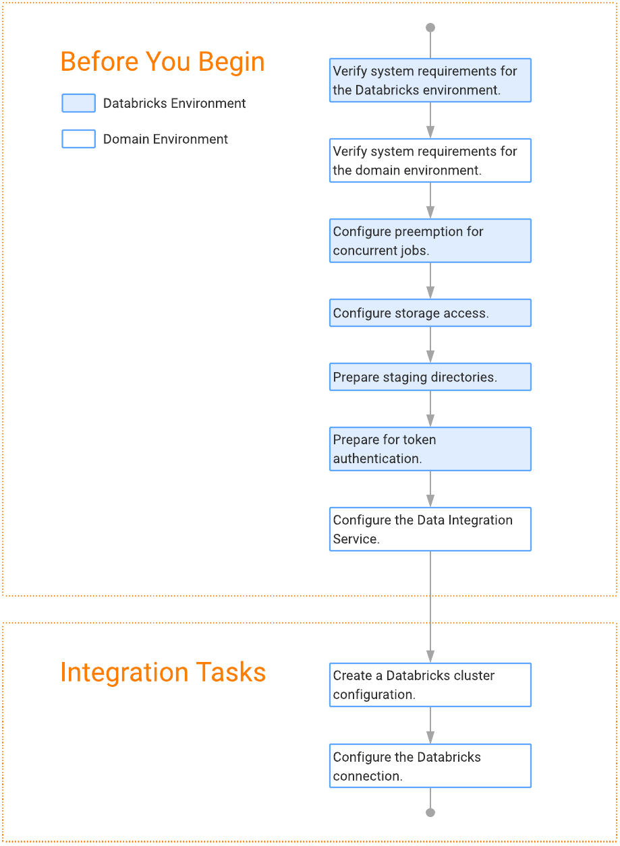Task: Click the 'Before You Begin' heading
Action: pyautogui.click(x=163, y=61)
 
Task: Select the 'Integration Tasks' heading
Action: pyautogui.click(x=163, y=673)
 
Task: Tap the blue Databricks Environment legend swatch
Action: pyautogui.click(x=79, y=103)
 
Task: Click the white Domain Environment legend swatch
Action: pyautogui.click(x=79, y=139)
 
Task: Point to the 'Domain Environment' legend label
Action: pyautogui.click(x=165, y=139)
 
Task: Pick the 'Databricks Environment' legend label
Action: pyautogui.click(x=174, y=103)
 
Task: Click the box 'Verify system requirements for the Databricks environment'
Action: pyautogui.click(x=430, y=80)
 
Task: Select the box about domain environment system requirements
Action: pyautogui.click(x=430, y=160)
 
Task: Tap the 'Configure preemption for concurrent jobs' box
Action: pyautogui.click(x=430, y=241)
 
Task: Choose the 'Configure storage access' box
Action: pyautogui.click(x=430, y=313)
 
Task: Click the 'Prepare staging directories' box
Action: pyautogui.click(x=430, y=377)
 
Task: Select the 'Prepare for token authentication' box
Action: pyautogui.click(x=430, y=449)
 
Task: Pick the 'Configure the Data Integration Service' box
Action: pyautogui.click(x=430, y=529)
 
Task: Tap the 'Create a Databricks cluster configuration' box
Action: pyautogui.click(x=430, y=685)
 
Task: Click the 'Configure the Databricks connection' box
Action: pyautogui.click(x=430, y=766)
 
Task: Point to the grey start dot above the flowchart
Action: pyautogui.click(x=430, y=28)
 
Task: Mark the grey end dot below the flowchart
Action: pyautogui.click(x=430, y=812)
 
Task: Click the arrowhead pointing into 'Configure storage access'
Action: pyautogui.click(x=430, y=293)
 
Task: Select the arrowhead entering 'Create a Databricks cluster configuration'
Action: pyautogui.click(x=430, y=657)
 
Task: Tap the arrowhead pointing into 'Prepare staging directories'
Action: pyautogui.click(x=430, y=357)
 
